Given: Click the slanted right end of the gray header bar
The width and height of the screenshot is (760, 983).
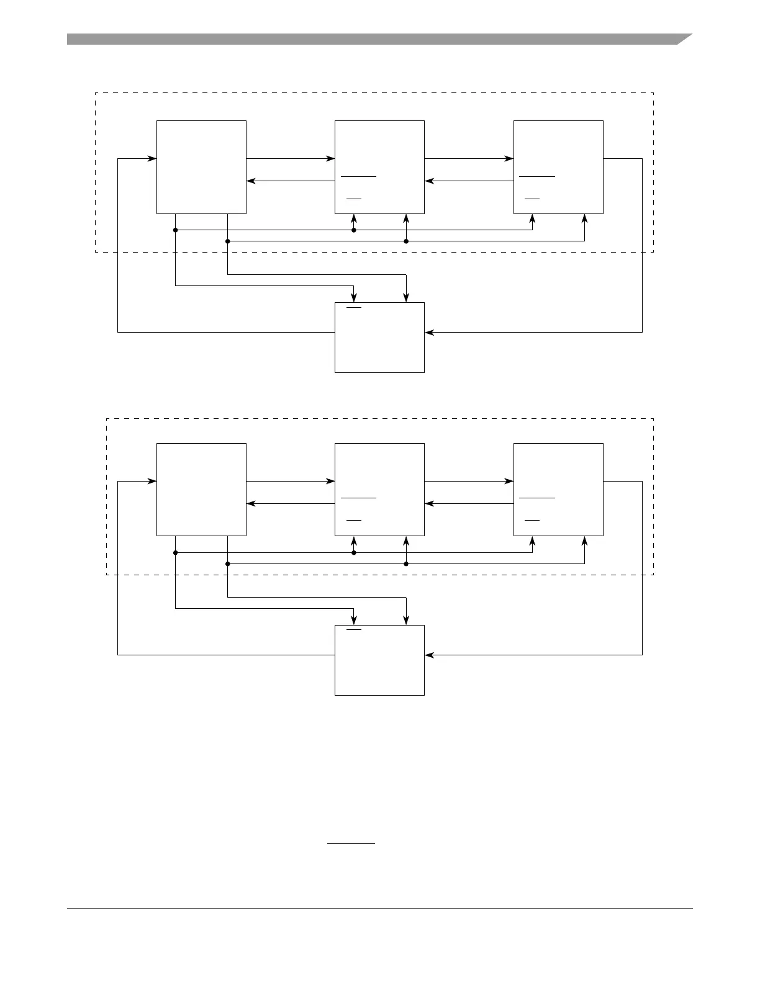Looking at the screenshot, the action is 684,39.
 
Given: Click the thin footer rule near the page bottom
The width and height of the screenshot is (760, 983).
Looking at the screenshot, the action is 379,909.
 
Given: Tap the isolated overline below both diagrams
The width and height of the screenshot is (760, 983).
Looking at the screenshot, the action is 351,844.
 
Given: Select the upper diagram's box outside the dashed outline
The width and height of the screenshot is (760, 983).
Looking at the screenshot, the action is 379,338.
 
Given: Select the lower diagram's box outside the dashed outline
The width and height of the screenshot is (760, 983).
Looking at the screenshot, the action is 379,660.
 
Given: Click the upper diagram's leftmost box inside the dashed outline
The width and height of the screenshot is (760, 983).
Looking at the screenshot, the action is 201,167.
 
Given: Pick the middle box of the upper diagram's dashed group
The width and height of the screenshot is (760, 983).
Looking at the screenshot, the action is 379,167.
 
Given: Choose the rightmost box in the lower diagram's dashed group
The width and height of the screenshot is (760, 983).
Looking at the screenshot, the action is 558,490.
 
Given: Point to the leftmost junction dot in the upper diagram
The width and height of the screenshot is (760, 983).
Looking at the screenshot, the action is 176,230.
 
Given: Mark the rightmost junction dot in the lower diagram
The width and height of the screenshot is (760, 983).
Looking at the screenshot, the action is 406,564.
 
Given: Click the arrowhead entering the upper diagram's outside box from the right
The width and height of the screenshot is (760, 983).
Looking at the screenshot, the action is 429,332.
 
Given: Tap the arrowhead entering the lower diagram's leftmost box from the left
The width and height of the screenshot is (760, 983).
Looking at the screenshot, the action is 152,481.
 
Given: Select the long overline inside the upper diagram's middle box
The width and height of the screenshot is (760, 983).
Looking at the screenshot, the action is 358,176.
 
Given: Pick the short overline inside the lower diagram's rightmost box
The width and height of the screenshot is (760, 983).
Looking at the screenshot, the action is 532,519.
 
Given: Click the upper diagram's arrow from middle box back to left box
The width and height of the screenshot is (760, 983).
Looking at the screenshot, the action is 290,181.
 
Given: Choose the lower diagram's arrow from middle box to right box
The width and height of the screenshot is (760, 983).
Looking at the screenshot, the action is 469,481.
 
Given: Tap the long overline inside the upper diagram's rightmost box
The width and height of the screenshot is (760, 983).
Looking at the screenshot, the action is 537,176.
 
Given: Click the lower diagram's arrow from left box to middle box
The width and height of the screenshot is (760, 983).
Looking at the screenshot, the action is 290,481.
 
